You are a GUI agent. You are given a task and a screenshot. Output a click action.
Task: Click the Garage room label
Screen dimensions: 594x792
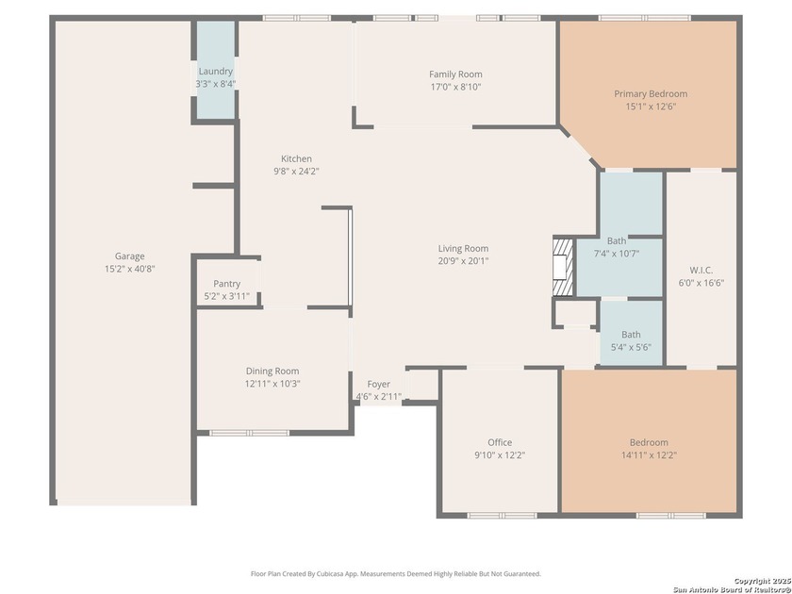tap(130, 256)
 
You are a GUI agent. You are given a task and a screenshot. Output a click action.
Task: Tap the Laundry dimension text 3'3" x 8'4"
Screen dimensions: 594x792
tap(215, 84)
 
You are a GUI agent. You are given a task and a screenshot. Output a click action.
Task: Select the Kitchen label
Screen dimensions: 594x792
tap(296, 158)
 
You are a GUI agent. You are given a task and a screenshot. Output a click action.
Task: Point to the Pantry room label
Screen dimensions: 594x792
tap(226, 284)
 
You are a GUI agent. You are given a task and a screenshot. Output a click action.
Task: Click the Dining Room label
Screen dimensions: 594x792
tap(272, 371)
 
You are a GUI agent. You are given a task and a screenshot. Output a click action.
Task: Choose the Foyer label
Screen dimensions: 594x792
tap(378, 385)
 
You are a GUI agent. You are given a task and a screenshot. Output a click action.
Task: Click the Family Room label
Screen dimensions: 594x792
tap(455, 74)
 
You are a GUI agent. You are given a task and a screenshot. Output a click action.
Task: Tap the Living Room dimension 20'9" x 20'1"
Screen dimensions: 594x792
tap(463, 261)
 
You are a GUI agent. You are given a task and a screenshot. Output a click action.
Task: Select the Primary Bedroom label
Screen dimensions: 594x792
tap(651, 94)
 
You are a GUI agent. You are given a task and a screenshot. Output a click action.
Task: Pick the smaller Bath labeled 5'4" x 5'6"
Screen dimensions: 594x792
tap(631, 340)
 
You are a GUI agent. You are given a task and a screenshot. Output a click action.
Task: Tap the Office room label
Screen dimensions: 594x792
tap(500, 442)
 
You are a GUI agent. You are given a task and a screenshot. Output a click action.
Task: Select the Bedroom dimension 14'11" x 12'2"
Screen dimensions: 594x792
tap(649, 454)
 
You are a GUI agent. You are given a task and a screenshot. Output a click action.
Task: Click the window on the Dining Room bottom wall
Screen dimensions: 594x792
tap(237, 433)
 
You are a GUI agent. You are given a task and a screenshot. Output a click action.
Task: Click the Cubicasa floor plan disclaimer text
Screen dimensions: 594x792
tap(396, 573)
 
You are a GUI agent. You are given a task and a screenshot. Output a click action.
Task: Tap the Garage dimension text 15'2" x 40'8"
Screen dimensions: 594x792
tap(130, 268)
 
